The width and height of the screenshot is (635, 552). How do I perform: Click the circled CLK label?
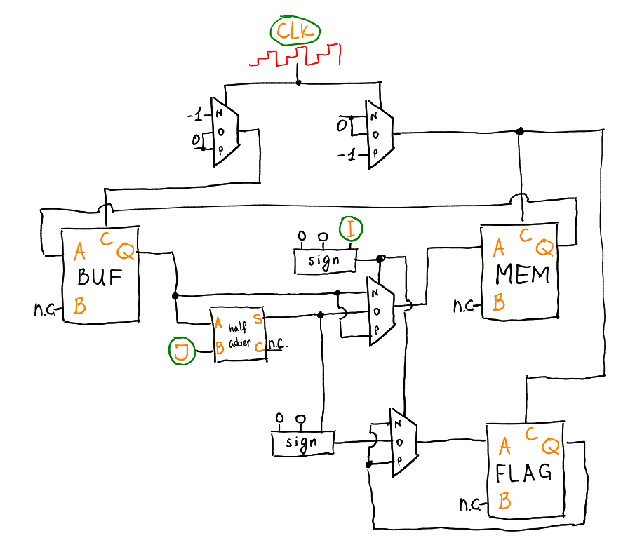pos(295,32)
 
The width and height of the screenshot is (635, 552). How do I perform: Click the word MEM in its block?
pos(523,274)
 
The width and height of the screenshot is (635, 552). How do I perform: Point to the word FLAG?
pos(523,473)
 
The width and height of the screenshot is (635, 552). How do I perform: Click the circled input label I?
pos(350,229)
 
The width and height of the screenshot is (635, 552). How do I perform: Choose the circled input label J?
pos(181,351)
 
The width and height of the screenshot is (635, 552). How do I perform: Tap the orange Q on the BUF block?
pos(125,250)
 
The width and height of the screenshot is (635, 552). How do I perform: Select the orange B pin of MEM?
pos(499,303)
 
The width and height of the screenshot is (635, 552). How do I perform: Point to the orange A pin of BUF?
pos(80,250)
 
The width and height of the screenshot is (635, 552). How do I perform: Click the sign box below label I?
pos(324,260)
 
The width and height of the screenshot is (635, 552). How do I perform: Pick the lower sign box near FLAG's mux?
pos(302,443)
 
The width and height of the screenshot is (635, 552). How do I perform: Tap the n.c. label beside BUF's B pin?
pos(44,307)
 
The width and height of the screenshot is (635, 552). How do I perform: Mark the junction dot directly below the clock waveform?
pos(298,83)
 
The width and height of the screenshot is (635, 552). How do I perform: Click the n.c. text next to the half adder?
pos(279,344)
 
